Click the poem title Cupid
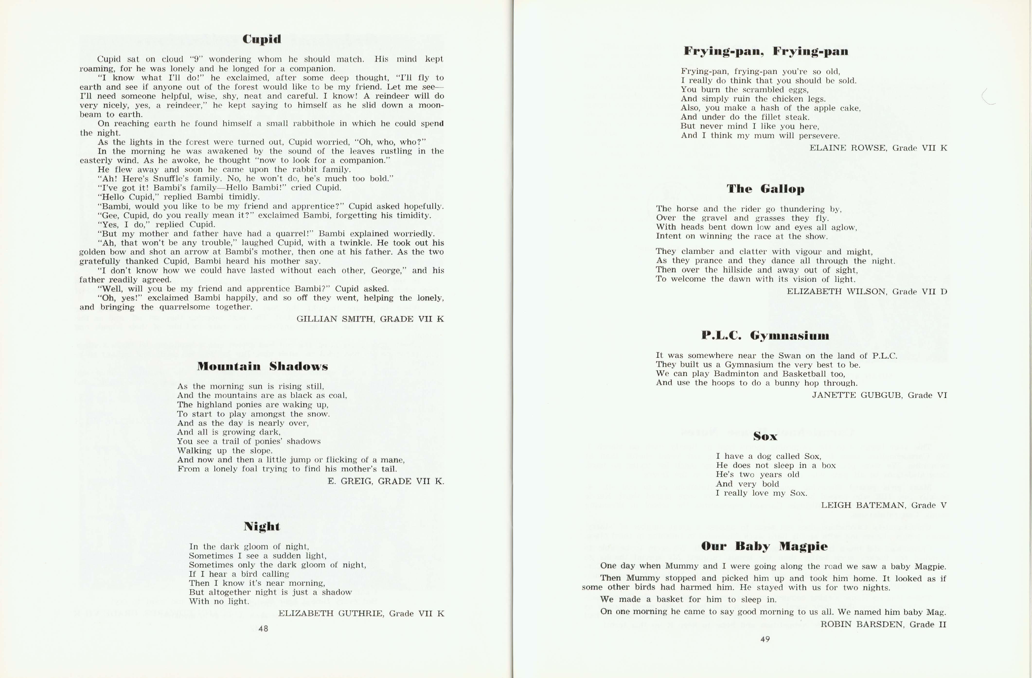click(x=262, y=39)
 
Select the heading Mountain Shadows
click(x=262, y=366)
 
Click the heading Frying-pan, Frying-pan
click(x=766, y=51)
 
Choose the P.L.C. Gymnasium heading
click(x=765, y=335)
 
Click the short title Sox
click(x=765, y=436)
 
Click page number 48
click(x=263, y=629)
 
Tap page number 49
click(x=765, y=639)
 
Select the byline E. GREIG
click(x=350, y=481)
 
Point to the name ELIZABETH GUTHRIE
click(x=331, y=613)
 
